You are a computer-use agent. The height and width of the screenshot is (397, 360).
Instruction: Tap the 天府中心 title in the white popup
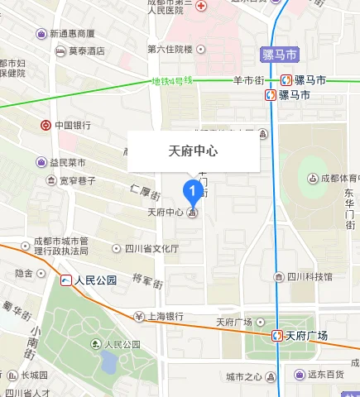pos(193,151)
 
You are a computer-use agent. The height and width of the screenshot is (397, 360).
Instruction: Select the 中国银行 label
pos(72,126)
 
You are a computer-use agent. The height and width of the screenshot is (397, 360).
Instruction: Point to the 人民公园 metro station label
pos(95,280)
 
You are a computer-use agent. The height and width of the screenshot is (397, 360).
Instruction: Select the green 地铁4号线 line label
pos(171,82)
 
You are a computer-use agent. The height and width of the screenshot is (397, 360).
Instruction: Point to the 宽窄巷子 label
pos(78,179)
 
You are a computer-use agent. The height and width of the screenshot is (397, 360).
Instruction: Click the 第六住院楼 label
pos(170,50)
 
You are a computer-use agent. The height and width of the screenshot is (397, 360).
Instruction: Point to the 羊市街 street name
pos(248,80)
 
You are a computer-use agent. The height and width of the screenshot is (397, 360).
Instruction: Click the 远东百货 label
pos(325,375)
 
